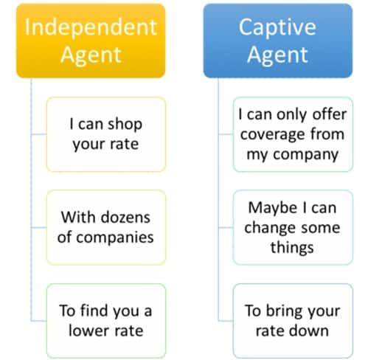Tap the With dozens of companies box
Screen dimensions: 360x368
click(106, 226)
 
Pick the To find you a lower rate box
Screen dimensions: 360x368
click(106, 320)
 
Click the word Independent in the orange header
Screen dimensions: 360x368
click(91, 27)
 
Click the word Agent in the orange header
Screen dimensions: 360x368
click(91, 55)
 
